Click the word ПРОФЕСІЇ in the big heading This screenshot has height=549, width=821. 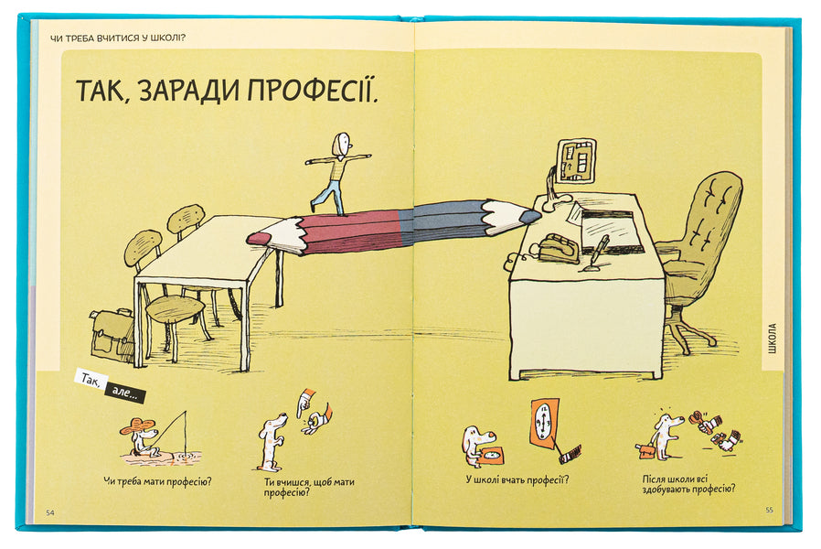click(x=312, y=89)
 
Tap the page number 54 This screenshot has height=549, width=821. click(x=50, y=512)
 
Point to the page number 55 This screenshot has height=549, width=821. click(x=769, y=510)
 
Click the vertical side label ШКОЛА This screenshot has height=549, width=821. click(x=773, y=339)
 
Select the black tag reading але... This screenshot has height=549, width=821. click(x=124, y=393)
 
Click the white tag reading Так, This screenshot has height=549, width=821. click(x=91, y=380)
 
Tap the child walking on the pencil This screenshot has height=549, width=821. click(x=338, y=174)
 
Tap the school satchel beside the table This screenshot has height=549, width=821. click(x=112, y=335)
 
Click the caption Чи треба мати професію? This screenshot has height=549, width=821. click(x=157, y=481)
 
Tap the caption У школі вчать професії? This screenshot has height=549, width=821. click(x=517, y=479)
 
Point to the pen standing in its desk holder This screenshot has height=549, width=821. click(x=596, y=254)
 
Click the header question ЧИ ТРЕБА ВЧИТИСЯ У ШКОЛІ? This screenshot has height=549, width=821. click(x=118, y=38)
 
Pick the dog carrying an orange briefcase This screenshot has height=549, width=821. click(x=660, y=436)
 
